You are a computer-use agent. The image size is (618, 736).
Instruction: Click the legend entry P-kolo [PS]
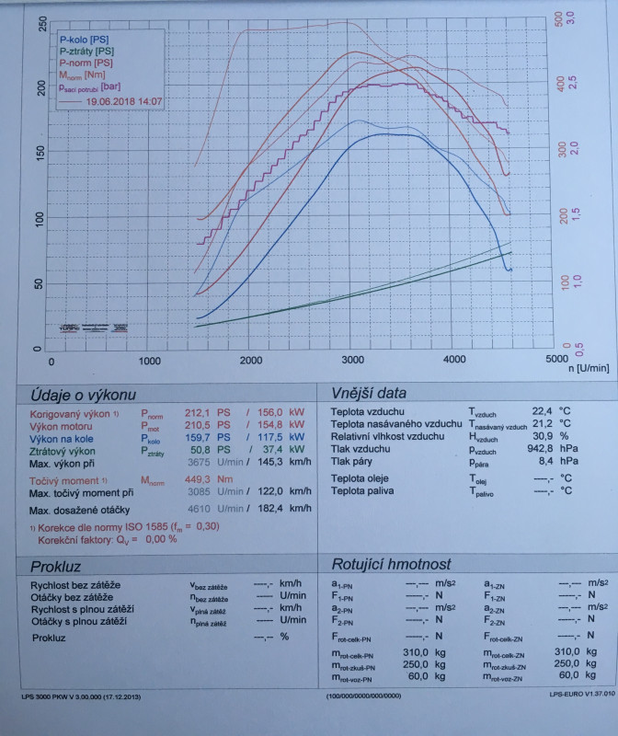click(x=84, y=40)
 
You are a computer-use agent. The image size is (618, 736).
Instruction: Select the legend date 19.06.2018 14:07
click(x=124, y=102)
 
